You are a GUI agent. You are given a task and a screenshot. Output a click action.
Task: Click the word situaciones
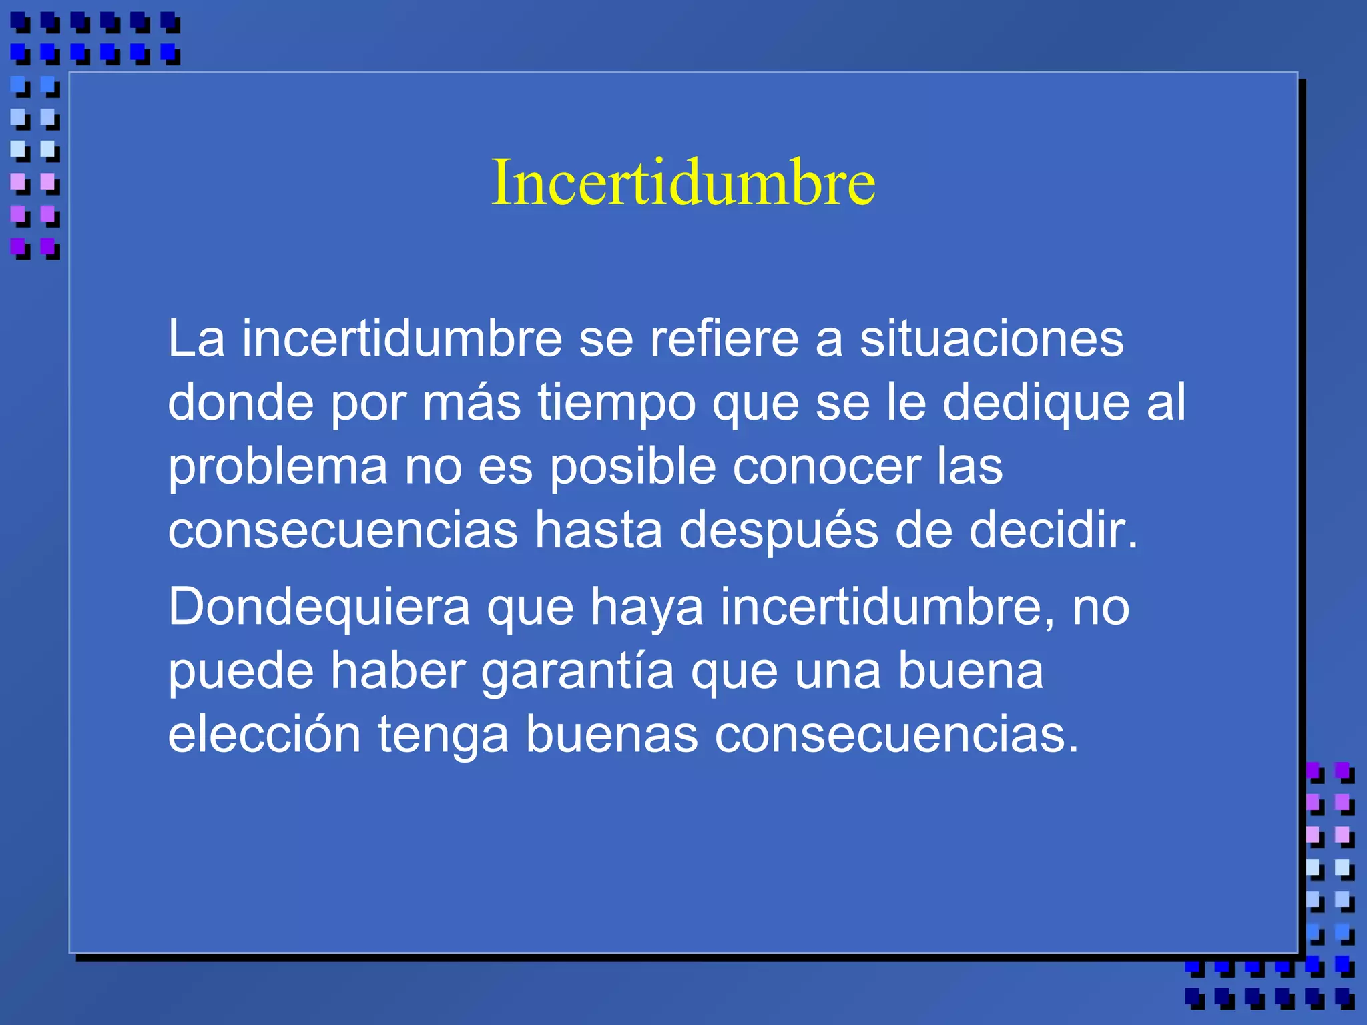click(x=991, y=339)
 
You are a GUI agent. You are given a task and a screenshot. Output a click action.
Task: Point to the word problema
click(x=278, y=466)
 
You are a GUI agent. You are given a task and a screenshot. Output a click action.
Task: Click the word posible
click(x=633, y=466)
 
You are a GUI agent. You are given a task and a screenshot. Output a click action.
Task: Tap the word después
click(x=778, y=530)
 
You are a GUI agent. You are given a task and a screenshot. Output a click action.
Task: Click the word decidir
click(x=1053, y=530)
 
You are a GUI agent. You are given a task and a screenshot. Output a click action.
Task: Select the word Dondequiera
click(x=319, y=607)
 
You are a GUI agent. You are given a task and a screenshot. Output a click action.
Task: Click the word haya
click(x=646, y=607)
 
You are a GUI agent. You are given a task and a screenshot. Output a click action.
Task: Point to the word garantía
click(x=577, y=671)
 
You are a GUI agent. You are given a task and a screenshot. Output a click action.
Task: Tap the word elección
click(x=264, y=734)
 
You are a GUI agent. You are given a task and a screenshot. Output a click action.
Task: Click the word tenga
click(x=443, y=734)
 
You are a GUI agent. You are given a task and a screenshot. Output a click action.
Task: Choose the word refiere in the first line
click(x=724, y=339)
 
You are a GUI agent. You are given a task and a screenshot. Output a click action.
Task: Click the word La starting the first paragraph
click(x=196, y=339)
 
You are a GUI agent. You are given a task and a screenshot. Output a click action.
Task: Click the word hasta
click(x=598, y=530)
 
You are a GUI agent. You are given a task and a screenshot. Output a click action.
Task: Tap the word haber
click(x=398, y=671)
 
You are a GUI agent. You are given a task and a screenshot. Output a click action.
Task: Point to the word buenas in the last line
click(x=611, y=734)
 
